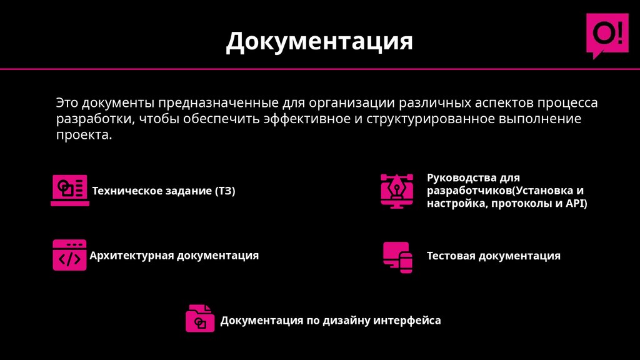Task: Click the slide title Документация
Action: pos(319,41)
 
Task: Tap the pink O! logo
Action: pos(606,34)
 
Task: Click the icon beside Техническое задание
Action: pos(69,191)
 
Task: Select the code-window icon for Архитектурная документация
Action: pos(69,255)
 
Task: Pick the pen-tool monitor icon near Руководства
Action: pos(397,191)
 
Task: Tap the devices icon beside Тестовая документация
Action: pos(397,257)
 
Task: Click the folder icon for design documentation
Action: pos(200,318)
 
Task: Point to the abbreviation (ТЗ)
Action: pos(225,191)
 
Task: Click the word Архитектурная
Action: pos(132,256)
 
